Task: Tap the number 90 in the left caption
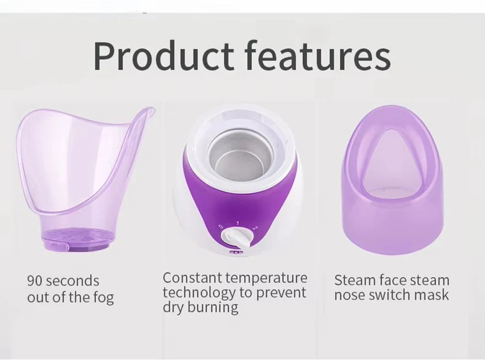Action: [35, 281]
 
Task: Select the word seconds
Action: [72, 281]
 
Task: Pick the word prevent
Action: [284, 293]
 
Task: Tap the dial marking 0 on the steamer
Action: [220, 226]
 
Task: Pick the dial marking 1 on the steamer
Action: [237, 222]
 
